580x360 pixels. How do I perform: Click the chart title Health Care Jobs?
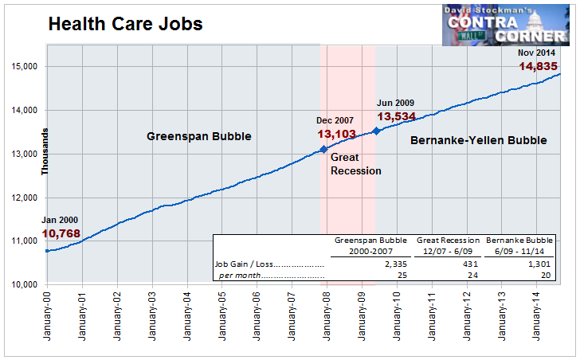125,24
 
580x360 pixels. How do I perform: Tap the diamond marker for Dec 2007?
323,149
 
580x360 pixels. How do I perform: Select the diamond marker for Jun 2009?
376,131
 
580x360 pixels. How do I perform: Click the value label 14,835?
538,67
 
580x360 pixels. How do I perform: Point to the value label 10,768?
61,233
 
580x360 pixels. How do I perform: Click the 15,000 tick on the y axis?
25,67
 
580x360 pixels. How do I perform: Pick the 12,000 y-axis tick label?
25,198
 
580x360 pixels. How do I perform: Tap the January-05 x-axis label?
222,316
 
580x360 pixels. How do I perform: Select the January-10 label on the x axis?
397,316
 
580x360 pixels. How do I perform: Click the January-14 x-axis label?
537,316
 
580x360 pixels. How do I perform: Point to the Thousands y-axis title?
45,151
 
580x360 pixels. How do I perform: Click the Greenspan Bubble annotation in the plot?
199,136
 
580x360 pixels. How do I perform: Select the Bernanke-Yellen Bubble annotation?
479,140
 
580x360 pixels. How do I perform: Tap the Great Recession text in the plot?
356,164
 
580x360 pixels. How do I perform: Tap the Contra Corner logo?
506,25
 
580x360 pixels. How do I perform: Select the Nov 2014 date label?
536,53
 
